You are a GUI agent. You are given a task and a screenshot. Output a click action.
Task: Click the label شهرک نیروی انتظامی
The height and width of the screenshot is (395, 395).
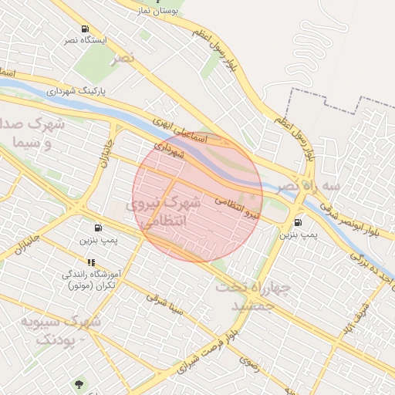coord(164,211)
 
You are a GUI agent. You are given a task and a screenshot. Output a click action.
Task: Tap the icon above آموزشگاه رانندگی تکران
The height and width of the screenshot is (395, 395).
coord(91,262)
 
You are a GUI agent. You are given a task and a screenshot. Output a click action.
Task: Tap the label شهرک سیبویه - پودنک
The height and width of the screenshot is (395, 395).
coord(61,329)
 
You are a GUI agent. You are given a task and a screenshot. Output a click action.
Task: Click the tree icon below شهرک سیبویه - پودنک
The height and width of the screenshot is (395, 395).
coord(79,383)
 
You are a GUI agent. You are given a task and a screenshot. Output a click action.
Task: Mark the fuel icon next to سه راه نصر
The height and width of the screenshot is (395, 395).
coord(297,222)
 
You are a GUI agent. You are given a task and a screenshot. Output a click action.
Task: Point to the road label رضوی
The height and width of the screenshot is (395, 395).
coord(248,360)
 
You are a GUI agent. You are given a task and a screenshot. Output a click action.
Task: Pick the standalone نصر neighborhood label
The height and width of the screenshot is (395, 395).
coord(121,59)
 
